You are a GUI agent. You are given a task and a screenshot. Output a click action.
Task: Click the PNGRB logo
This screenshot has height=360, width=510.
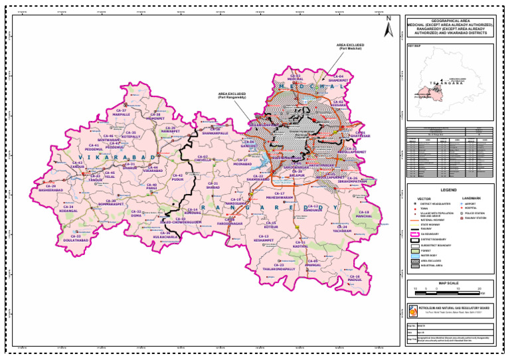(x=412, y=310)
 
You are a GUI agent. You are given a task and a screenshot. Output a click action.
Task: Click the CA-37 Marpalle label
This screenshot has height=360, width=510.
(x=122, y=112)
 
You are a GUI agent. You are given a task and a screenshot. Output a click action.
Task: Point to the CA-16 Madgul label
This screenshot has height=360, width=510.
(x=355, y=278)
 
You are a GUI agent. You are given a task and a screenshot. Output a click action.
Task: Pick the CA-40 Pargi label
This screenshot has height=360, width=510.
(x=151, y=187)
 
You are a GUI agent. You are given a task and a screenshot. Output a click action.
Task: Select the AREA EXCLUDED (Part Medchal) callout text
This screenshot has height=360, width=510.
(x=350, y=46)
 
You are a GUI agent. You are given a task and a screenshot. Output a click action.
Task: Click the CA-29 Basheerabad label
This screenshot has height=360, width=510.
(x=50, y=188)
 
